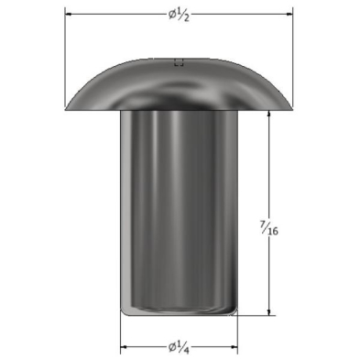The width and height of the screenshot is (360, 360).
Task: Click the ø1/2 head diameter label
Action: tap(179, 15)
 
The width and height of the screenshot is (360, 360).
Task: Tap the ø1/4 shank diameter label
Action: tap(179, 347)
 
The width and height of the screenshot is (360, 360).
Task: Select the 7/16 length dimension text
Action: tap(268, 228)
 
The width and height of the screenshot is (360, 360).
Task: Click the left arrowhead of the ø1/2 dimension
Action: tap(69, 14)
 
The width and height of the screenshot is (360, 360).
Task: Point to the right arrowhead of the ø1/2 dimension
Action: tap(289, 14)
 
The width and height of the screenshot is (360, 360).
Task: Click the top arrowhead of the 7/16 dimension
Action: tap(268, 114)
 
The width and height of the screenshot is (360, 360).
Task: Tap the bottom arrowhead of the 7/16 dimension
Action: tap(268, 311)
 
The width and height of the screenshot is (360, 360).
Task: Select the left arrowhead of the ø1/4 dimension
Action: tap(124, 347)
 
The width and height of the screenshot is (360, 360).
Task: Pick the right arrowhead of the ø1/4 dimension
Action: tap(235, 347)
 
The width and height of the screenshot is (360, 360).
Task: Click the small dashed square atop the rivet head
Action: tap(179, 62)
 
